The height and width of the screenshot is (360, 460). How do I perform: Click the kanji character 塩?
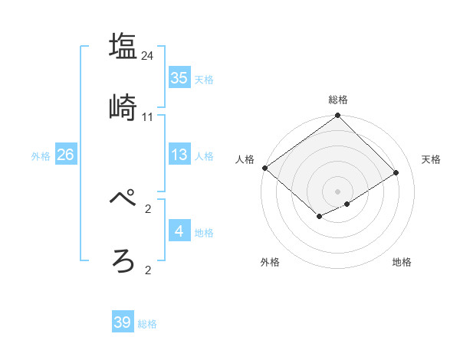[x=123, y=46]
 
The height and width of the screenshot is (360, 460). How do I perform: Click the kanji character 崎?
[x=123, y=108]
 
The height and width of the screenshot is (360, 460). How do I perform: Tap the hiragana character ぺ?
[x=123, y=198]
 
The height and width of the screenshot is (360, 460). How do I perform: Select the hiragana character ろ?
[x=123, y=260]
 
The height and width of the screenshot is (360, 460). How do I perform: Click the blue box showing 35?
[x=179, y=78]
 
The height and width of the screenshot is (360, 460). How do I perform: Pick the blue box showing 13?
[x=179, y=155]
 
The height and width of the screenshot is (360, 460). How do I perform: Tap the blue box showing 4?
[x=179, y=232]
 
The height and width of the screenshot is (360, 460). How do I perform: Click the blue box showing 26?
[x=65, y=155]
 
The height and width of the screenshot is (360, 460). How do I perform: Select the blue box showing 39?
[x=123, y=322]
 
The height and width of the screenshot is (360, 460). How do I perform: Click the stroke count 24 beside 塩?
[x=148, y=55]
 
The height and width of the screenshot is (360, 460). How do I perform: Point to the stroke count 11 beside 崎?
[x=148, y=117]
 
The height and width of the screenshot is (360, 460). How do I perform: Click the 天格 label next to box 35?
[x=204, y=79]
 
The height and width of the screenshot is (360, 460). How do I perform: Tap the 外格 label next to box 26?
[x=41, y=156]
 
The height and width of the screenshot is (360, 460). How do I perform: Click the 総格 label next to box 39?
[x=147, y=324]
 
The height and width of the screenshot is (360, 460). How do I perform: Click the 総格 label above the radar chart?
[x=338, y=100]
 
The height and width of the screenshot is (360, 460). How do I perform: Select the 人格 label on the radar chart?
[x=245, y=159]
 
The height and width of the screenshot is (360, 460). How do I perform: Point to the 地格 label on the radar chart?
[x=402, y=262]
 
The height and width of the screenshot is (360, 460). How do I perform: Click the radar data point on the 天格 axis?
[x=396, y=172]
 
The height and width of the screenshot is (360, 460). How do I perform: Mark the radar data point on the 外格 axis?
[x=319, y=218]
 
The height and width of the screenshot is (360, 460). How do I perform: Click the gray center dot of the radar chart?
[x=337, y=191]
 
